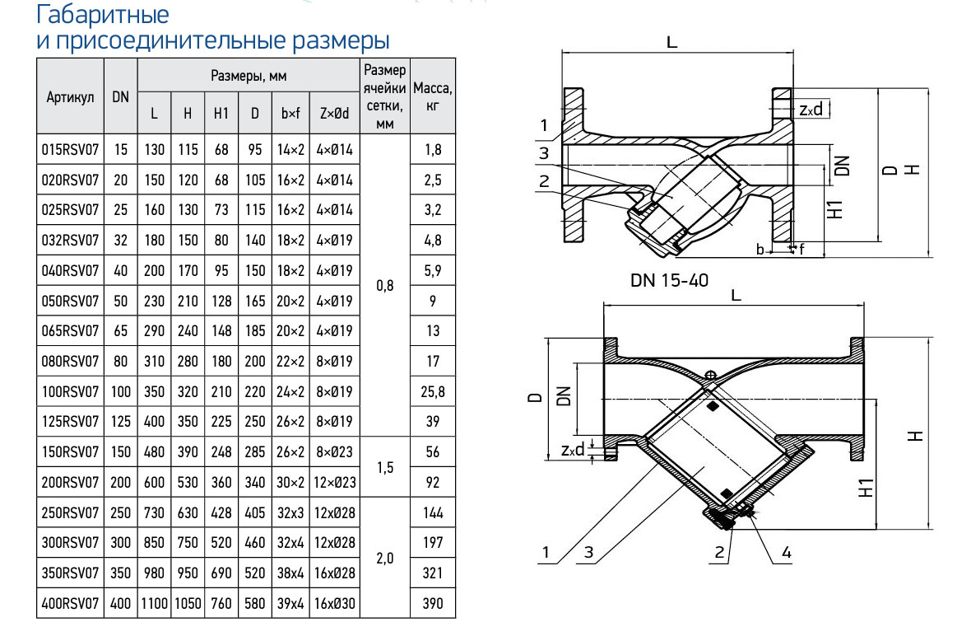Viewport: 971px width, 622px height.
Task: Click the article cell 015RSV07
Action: coord(70,151)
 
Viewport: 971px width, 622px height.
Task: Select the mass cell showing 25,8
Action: coord(432,392)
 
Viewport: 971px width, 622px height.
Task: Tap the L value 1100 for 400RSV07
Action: coord(154,604)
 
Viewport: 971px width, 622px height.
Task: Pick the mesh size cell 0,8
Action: coord(384,287)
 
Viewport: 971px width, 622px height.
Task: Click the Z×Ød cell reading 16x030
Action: coord(334,604)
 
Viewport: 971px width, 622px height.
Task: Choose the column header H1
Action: coord(221,115)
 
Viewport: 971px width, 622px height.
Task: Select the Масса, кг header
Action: coord(432,96)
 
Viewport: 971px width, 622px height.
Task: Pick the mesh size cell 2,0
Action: coord(384,558)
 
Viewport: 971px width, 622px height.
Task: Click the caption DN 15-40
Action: coord(669,279)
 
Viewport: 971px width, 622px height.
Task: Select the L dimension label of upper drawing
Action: coord(672,44)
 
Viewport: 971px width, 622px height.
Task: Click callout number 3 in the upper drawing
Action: coord(544,153)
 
